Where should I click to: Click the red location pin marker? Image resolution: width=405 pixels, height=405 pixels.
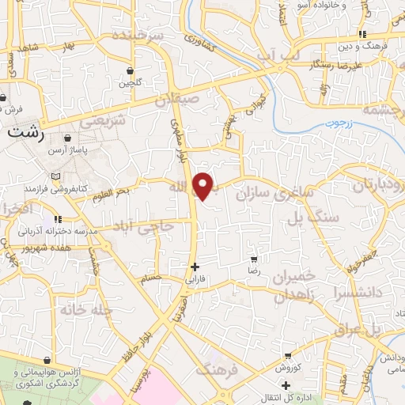click(x=205, y=185)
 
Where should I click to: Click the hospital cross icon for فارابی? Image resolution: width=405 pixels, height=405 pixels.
click(x=195, y=267)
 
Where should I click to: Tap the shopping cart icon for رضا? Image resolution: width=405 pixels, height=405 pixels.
click(x=254, y=259)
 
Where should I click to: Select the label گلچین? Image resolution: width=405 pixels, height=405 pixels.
click(x=130, y=82)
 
